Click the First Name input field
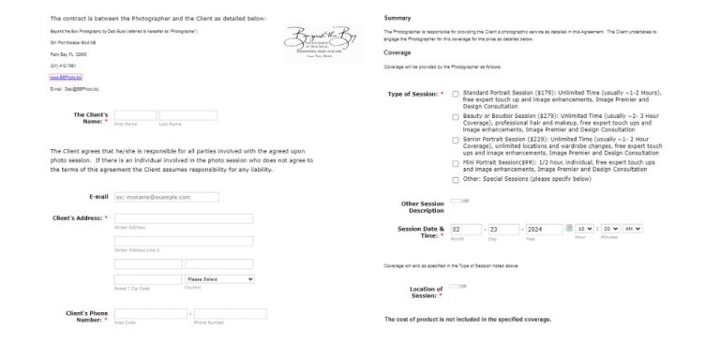(x=134, y=115)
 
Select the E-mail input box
(x=166, y=197)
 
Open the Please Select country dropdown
(x=219, y=279)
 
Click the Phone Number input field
(x=230, y=313)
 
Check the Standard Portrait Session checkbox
(x=456, y=94)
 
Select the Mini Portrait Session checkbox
(x=456, y=162)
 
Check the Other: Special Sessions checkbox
(x=456, y=178)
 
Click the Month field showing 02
(x=465, y=229)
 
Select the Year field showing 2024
(x=543, y=229)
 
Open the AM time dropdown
(x=632, y=229)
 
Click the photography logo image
(x=322, y=42)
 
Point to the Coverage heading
(x=398, y=52)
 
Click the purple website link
(x=62, y=78)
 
